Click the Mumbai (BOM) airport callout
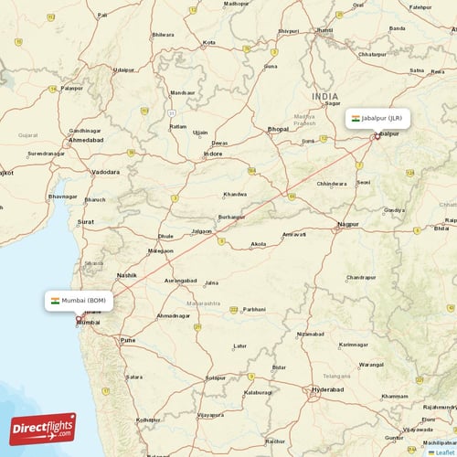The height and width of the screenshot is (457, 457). pos(80,301)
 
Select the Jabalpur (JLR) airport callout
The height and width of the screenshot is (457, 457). pos(377,118)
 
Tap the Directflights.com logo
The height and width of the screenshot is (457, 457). pos(43,429)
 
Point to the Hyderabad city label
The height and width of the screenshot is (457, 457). pos(328,389)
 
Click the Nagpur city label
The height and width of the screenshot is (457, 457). pos(348,224)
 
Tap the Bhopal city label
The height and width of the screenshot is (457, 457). pos(278,130)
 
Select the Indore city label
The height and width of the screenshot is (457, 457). pos(213,154)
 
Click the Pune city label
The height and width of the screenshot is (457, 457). pos(127,340)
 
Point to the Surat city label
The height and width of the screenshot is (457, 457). pos(85,222)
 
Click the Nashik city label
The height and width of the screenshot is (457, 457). pos(126,274)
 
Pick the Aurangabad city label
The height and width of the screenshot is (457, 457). pos(180,281)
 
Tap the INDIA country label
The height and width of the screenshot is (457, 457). pos(324,96)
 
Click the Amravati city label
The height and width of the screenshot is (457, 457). pos(293,235)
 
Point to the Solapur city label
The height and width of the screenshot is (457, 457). pos(215,377)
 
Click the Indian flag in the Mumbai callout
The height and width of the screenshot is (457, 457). pos(55,301)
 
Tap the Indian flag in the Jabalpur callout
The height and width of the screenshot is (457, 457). pos(356,118)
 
